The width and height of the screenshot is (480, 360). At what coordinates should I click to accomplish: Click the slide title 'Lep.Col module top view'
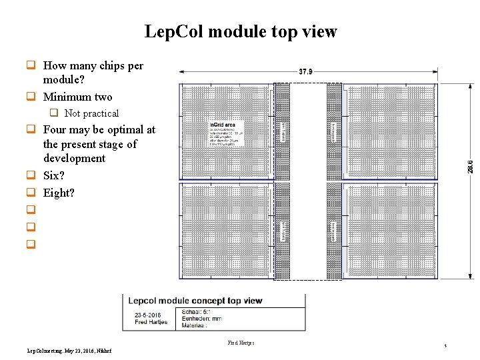(241, 31)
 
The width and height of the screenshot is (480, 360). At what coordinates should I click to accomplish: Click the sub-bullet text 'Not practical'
(91, 113)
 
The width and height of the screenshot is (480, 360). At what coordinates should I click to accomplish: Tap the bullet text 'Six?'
(54, 175)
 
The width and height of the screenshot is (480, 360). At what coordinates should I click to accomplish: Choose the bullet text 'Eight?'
(59, 193)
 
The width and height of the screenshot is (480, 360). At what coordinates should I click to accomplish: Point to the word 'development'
(74, 158)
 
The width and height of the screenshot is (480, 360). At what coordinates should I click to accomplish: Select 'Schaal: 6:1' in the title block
(198, 311)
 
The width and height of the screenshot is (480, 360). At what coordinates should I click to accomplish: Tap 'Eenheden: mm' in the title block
(204, 319)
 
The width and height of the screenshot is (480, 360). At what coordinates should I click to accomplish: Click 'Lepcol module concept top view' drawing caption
(195, 301)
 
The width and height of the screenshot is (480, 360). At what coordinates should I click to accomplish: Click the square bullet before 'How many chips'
(30, 65)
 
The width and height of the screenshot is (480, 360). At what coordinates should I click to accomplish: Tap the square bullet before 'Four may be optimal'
(30, 129)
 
